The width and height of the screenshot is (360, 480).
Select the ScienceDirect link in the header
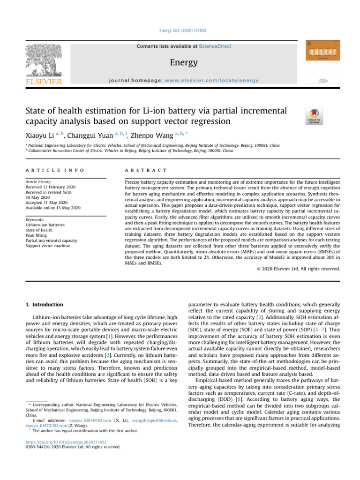pos(215,46)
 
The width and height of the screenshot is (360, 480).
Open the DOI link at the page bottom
pos(66,442)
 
